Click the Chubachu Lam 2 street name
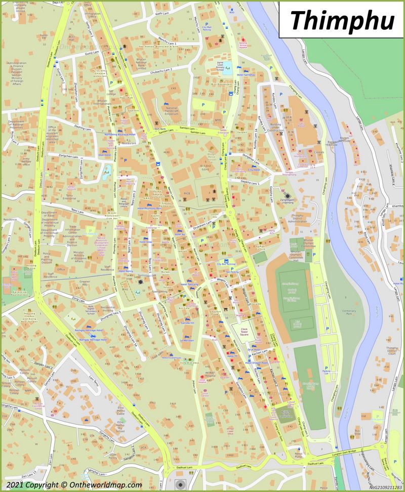coord(161,69)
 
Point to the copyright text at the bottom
coord(72,484)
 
